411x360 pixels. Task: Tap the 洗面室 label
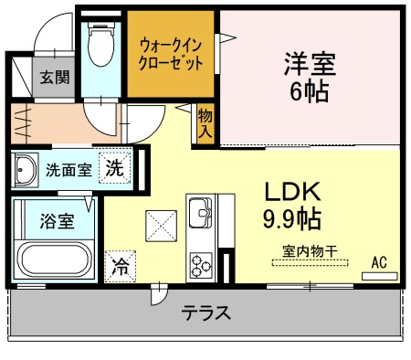click(x=68, y=169)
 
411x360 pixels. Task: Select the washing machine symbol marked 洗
click(x=113, y=168)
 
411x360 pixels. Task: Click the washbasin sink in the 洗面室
click(x=25, y=169)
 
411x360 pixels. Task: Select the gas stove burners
click(x=200, y=265)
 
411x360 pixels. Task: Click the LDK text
click(x=292, y=192)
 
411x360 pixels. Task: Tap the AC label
click(x=379, y=262)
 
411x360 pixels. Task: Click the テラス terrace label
click(x=205, y=313)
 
